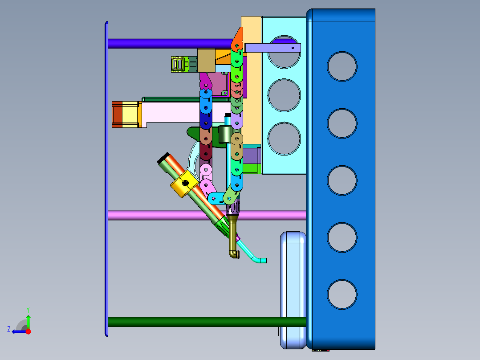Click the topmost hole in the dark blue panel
[x=342, y=66]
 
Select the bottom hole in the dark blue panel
[x=342, y=295]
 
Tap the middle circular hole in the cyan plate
[x=284, y=95]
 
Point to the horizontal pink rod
[x=207, y=215]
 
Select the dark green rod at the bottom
[x=207, y=322]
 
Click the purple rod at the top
[x=171, y=44]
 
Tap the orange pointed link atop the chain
[x=238, y=39]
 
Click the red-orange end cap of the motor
[x=117, y=115]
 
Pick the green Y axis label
[x=28, y=310]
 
